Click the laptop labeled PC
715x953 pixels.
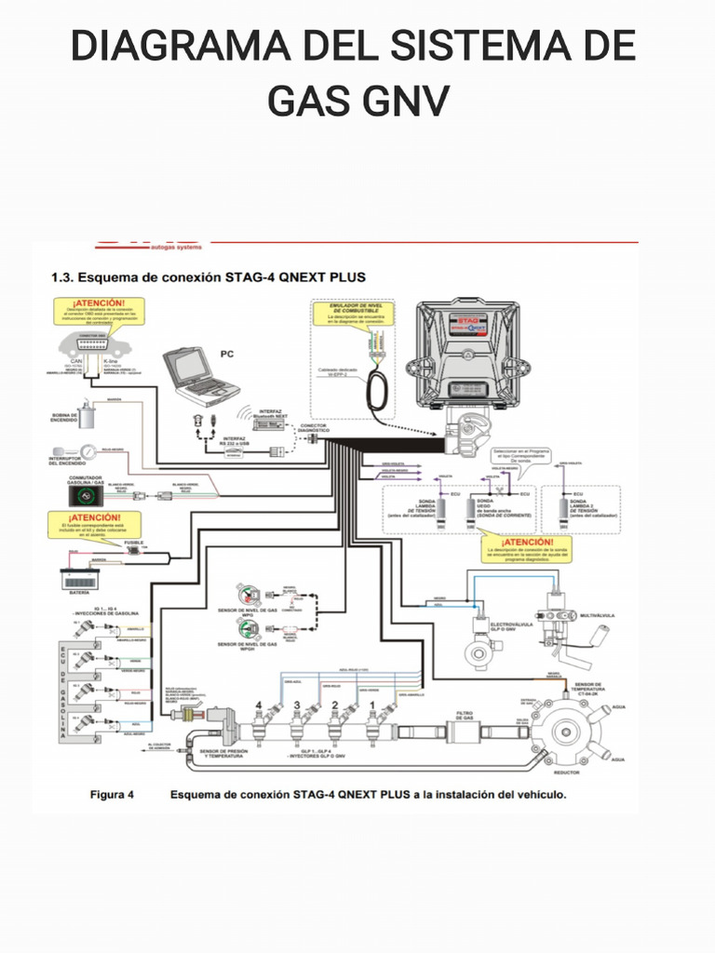click(195, 373)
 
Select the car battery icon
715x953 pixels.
click(80, 578)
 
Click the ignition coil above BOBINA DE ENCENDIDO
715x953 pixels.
click(87, 415)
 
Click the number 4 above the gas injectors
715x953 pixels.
click(259, 706)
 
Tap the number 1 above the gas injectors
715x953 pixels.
click(371, 706)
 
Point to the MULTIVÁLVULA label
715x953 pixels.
click(599, 616)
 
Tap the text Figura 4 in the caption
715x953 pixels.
click(112, 795)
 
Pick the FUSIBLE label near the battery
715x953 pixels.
click(134, 542)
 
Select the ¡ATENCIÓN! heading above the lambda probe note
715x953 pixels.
click(527, 541)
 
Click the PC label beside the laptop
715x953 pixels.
click(227, 355)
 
